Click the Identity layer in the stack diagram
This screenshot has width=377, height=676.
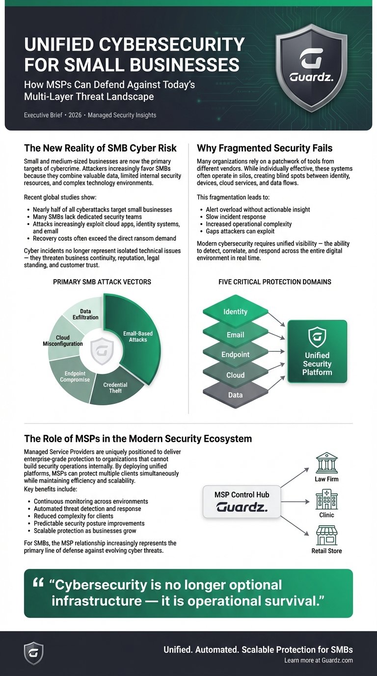235,311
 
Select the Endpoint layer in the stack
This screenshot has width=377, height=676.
235,354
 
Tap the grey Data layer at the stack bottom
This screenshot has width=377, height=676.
235,395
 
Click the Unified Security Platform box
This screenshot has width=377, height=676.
317,351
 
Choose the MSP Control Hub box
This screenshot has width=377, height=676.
242,501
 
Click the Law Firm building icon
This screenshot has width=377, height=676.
326,463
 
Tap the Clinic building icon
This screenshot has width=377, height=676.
326,501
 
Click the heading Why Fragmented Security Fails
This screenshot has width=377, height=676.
265,147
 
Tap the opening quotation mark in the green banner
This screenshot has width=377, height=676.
38,583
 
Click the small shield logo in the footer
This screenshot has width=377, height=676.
34,653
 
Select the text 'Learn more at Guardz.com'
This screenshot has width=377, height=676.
318,660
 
